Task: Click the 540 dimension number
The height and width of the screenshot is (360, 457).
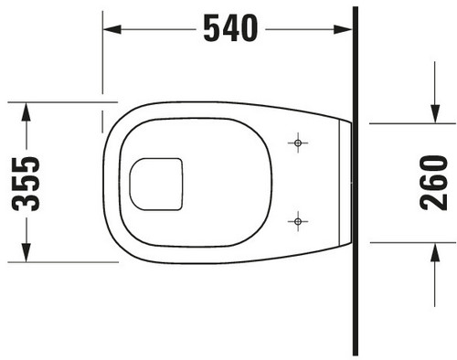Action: click(230, 28)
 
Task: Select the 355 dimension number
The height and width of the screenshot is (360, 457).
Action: click(26, 184)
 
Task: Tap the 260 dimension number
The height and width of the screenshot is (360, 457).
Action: click(433, 183)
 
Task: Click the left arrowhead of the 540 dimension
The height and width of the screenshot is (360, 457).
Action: click(112, 29)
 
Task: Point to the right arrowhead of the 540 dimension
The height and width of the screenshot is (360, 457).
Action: click(343, 29)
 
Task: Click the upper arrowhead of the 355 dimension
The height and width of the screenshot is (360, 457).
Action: click(27, 112)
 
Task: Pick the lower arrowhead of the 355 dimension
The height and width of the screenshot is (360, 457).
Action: click(27, 252)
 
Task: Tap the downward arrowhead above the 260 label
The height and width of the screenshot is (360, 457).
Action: click(435, 114)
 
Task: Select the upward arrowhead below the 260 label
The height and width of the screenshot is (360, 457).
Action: click(435, 252)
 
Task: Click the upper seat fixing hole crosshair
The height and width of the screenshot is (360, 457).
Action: click(298, 143)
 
